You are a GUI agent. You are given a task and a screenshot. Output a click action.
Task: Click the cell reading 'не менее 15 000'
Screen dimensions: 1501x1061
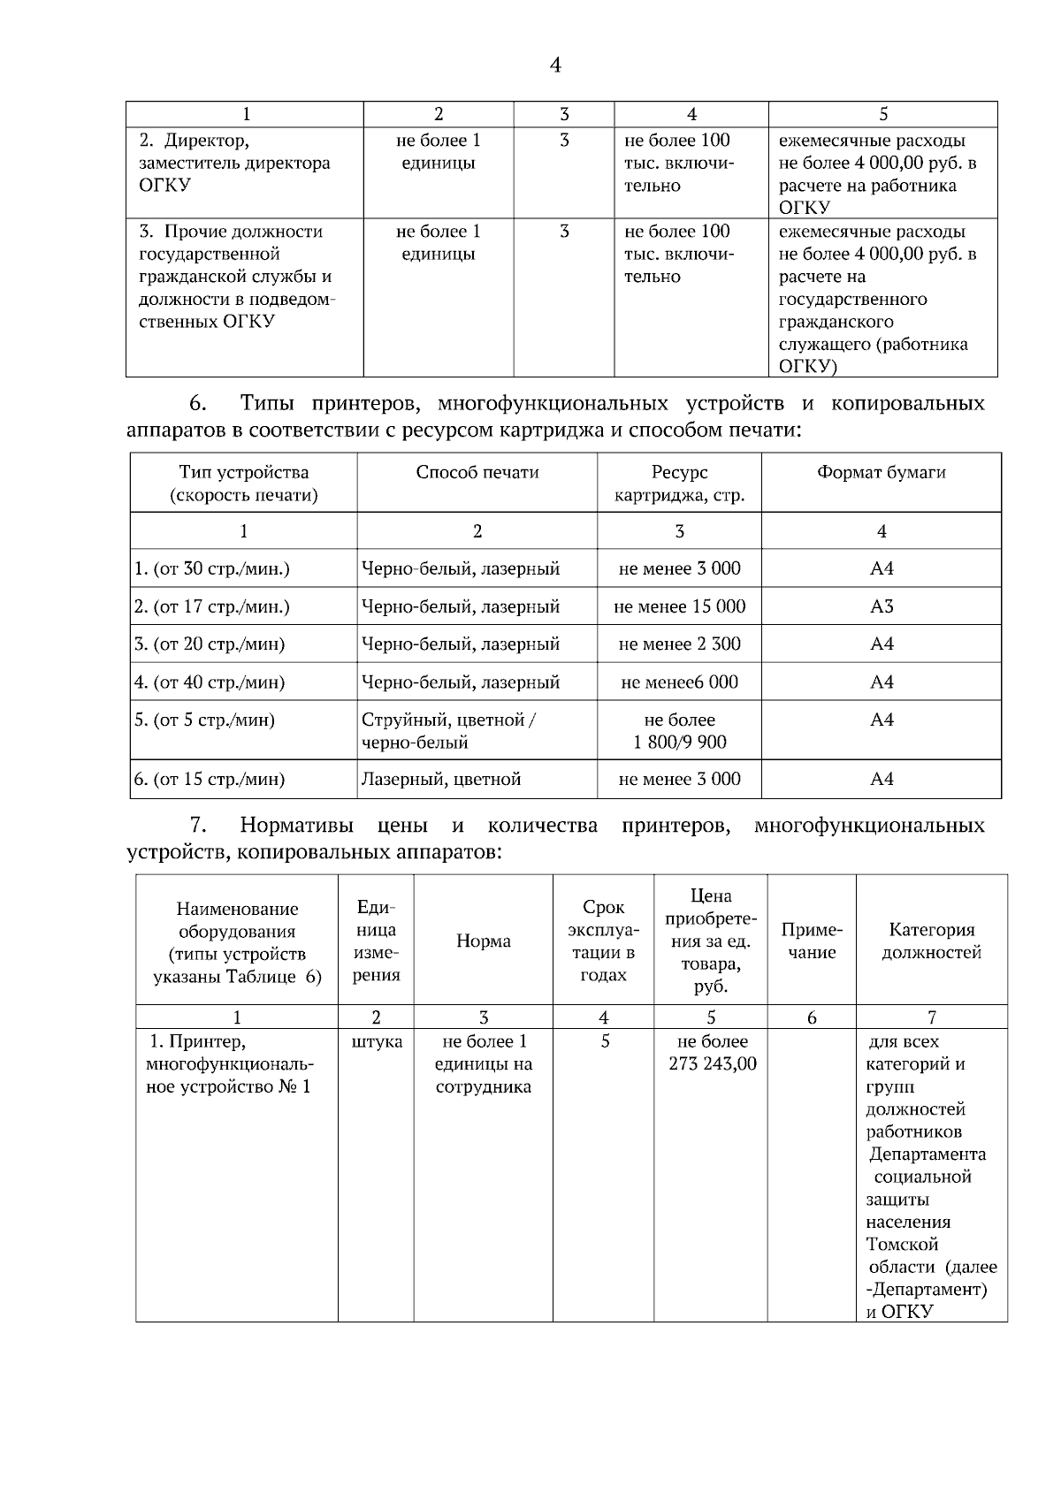coord(679,606)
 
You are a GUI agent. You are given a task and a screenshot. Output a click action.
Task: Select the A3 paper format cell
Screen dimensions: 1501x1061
coord(882,606)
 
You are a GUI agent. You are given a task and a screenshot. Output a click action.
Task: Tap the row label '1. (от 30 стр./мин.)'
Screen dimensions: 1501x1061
coord(212,568)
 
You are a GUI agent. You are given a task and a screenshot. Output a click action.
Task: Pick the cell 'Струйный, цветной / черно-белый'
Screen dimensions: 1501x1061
coord(448,731)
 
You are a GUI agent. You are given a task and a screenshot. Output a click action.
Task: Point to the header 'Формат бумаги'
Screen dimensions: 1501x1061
coord(882,472)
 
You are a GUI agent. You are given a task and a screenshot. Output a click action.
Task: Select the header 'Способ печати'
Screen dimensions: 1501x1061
coord(477,472)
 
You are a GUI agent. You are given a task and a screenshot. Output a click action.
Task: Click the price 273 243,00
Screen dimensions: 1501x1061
coord(713,1063)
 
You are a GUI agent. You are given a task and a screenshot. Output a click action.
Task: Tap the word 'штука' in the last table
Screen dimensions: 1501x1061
coord(377,1041)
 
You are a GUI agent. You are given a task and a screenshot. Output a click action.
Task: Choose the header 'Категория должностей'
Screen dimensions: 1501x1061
coord(932,941)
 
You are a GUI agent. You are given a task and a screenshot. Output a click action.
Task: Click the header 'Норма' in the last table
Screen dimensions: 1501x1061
coord(483,941)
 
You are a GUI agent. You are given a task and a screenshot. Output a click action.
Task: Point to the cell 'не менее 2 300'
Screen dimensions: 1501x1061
coord(679,644)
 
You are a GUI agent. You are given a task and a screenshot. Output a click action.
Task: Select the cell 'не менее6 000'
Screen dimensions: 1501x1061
coord(679,682)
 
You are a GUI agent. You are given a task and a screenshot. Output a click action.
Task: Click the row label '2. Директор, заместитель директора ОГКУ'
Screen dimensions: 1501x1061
coord(234,163)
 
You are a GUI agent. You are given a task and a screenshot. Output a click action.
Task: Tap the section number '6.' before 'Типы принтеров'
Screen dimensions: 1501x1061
coord(198,404)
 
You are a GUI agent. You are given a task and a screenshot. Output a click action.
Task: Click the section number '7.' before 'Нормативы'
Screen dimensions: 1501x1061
coord(198,826)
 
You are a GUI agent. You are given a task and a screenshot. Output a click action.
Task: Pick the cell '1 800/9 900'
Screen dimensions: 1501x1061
coord(679,742)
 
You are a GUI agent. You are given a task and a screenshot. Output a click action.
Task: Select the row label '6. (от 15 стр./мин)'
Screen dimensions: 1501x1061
coord(210,779)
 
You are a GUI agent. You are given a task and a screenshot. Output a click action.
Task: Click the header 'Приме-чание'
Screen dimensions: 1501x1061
coord(812,941)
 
